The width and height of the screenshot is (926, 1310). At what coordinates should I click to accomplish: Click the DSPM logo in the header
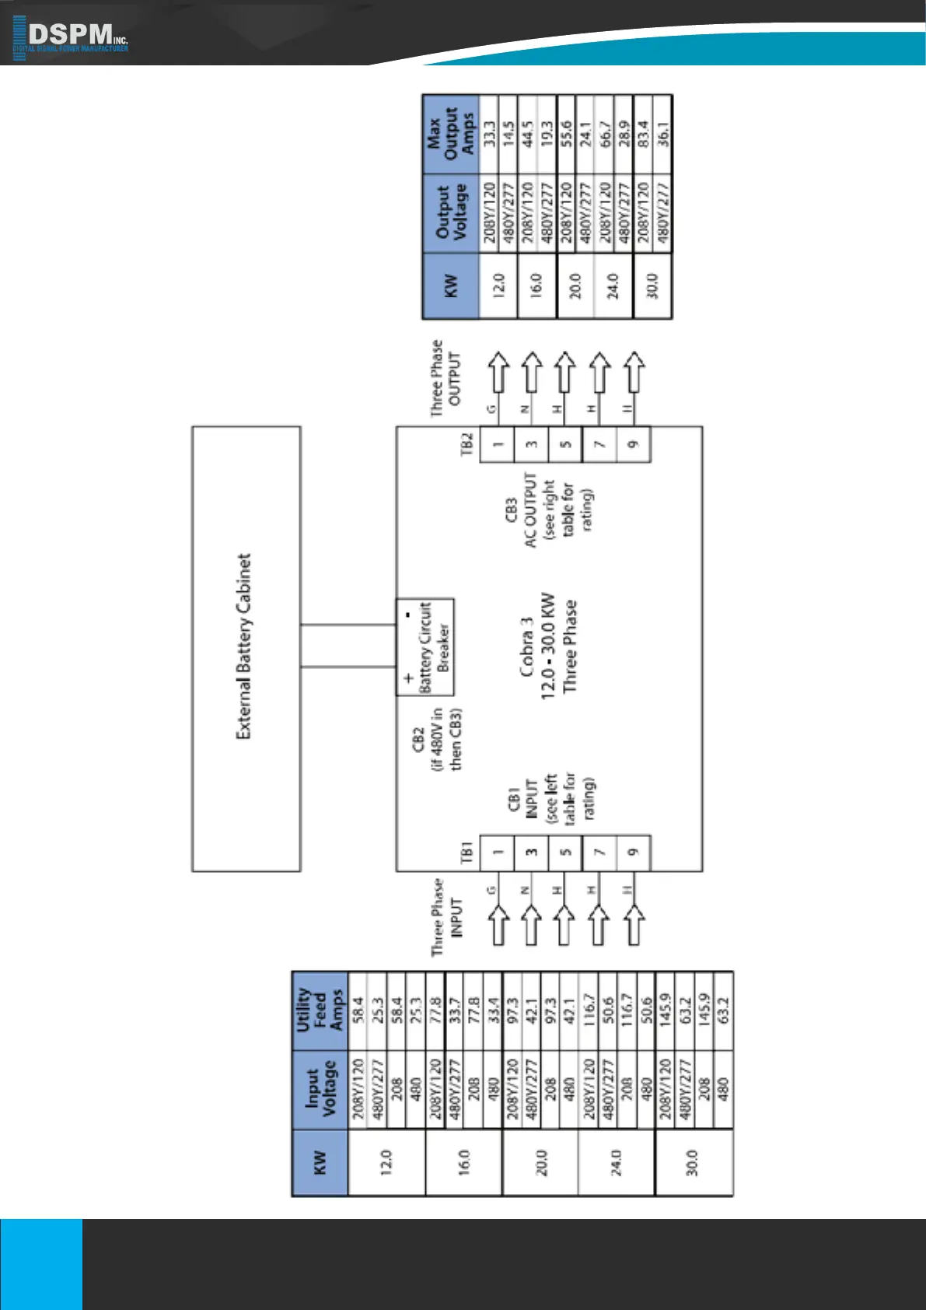tap(71, 37)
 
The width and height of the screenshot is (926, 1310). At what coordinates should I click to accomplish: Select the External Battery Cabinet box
tap(246, 647)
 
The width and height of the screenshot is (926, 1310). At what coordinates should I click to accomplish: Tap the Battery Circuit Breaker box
tap(425, 646)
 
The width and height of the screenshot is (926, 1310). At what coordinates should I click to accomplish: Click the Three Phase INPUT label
tap(446, 917)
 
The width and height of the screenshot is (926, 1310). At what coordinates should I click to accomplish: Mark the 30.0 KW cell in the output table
tap(653, 285)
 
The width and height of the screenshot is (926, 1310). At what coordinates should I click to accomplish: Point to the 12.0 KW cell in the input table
tap(386, 1162)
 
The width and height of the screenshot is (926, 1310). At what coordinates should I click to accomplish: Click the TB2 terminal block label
tap(467, 444)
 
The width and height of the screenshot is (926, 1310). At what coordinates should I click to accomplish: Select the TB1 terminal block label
tap(467, 852)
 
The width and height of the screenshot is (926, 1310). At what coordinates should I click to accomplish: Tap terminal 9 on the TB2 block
tap(633, 444)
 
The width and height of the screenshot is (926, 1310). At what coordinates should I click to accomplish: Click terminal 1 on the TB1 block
tap(498, 852)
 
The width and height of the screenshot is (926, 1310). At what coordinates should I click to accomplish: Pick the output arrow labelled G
tap(498, 372)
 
